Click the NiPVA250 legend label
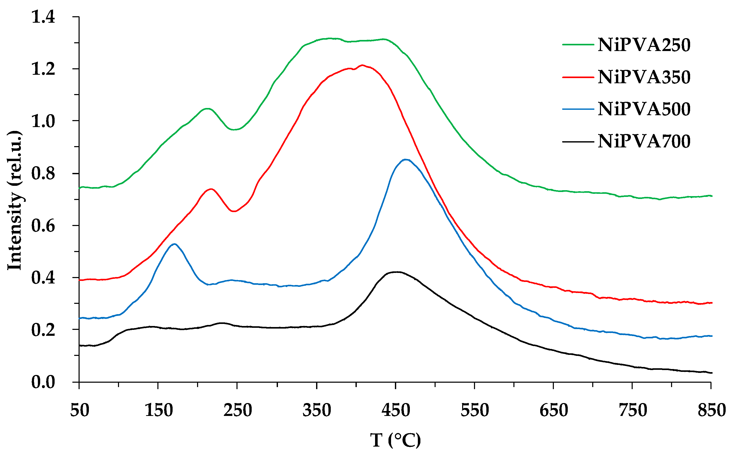pos(644,45)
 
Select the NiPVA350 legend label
pos(644,77)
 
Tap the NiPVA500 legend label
pos(644,109)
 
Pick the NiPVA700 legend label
pos(644,141)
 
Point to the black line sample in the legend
pos(578,141)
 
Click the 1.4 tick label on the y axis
pos(43,17)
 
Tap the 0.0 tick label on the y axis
pos(43,382)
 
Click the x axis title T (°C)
pos(395,440)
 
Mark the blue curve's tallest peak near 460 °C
pos(405,160)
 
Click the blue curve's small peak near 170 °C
pos(174,244)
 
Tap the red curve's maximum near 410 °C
pos(362,65)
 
